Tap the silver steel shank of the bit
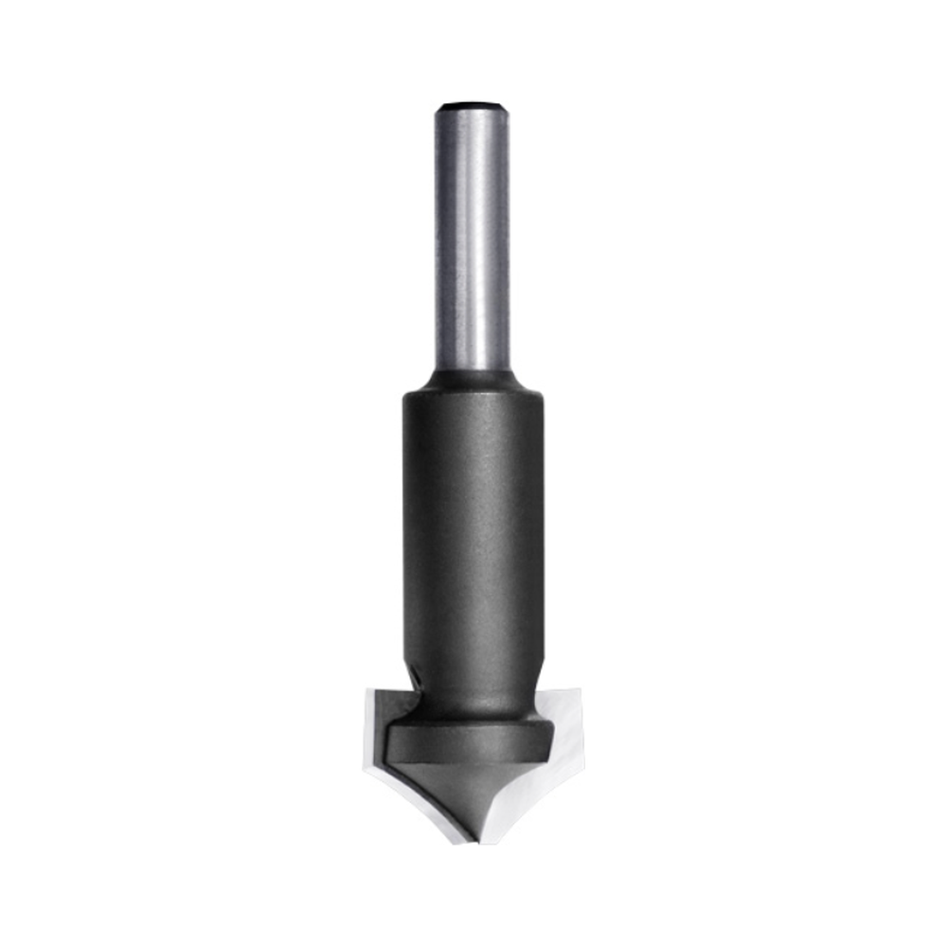point(471,237)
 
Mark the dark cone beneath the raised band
point(469,786)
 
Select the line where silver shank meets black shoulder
point(471,370)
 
